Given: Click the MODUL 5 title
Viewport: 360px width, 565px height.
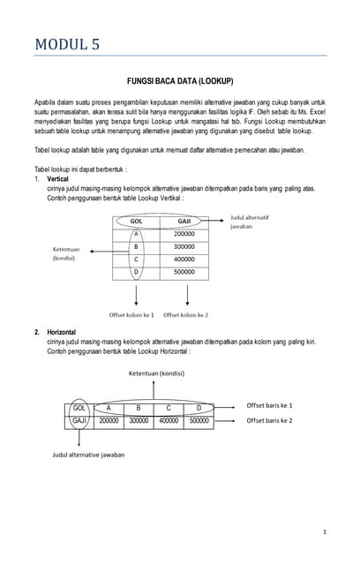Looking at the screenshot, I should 67,45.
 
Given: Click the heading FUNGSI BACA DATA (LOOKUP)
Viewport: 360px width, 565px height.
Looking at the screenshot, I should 180,81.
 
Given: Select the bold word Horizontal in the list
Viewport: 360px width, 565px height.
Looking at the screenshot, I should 64,332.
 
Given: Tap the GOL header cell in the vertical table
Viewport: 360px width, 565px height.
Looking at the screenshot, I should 137,222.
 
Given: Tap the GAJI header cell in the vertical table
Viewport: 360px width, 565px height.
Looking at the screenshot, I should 184,222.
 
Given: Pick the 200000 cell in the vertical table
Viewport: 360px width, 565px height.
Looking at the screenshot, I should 184,234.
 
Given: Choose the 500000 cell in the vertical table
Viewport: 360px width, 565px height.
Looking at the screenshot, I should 184,272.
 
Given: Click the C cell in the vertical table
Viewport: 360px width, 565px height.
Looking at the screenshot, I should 137,260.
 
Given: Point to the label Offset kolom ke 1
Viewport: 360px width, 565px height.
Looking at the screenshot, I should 131,314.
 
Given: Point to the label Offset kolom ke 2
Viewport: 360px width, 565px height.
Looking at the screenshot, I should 185,314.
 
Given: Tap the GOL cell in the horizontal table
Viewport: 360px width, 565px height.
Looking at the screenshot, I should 79,408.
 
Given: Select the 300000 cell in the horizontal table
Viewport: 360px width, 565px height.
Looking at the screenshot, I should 138,421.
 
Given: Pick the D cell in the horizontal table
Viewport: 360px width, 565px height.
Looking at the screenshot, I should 199,408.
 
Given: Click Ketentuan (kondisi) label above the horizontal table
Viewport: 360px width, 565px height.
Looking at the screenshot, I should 157,373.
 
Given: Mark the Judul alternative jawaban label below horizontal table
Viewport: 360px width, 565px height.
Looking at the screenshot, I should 88,455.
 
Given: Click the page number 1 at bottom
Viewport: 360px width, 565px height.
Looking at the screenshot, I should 325,532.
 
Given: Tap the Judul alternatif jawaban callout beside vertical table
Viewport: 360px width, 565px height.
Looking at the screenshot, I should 250,222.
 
